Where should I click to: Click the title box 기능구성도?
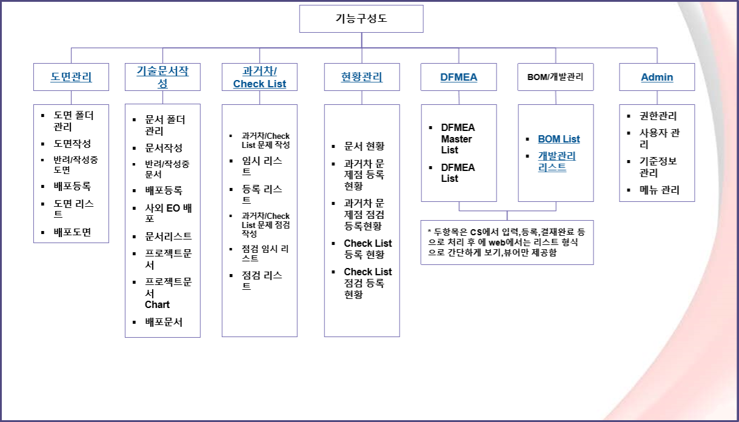[361, 19]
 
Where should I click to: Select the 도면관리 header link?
[72, 77]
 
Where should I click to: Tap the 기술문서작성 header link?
[162, 77]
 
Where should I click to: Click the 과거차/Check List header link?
[259, 77]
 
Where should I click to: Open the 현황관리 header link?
[362, 77]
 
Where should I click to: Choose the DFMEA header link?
[458, 77]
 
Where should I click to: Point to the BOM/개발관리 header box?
[555, 77]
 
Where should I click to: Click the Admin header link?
[657, 77]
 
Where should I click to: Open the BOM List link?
[559, 139]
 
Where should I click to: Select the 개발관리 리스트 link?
[557, 162]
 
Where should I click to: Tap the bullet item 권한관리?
[658, 116]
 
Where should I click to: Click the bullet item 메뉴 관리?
[659, 190]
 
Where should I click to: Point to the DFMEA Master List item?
[458, 139]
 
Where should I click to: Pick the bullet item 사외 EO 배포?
[169, 213]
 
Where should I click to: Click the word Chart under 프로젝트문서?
[157, 304]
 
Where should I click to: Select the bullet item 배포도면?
[72, 232]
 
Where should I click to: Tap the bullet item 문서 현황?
[364, 146]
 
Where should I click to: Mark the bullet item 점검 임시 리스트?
[266, 253]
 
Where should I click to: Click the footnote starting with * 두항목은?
[506, 242]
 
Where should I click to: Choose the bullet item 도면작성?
[72, 144]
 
